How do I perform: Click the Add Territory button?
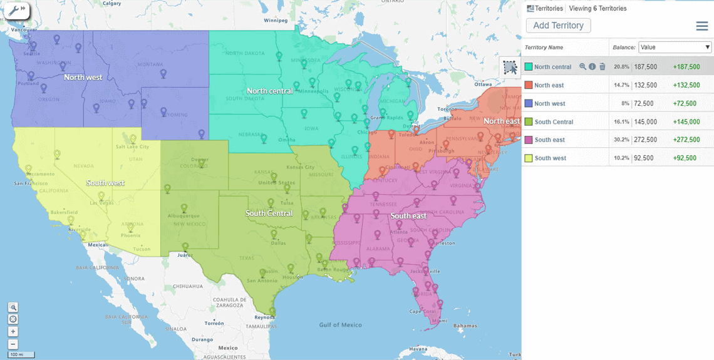558,26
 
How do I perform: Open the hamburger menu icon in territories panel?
702,26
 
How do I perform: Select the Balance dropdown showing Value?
675,48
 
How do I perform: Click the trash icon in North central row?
603,67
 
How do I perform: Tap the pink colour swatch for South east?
529,140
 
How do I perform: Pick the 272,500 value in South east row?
646,140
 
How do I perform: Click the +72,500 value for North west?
686,103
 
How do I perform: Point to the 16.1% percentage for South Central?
621,122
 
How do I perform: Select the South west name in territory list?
550,158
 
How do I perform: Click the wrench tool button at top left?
15,11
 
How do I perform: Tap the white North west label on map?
83,77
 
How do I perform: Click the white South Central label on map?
269,213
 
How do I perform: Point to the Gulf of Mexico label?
340,325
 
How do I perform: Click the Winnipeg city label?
276,20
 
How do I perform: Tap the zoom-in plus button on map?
13,332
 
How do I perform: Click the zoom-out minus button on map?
13,344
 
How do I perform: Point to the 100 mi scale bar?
21,354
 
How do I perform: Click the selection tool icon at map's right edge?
510,67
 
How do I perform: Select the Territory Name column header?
544,48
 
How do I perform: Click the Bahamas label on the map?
466,326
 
